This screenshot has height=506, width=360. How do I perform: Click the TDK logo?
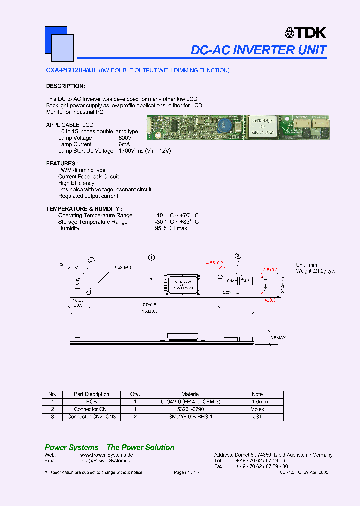click(x=306, y=33)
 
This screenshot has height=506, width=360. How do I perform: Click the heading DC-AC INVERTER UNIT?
click(x=259, y=50)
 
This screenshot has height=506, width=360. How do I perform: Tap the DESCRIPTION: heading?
click(x=65, y=86)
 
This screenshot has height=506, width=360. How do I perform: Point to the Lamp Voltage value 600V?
click(x=125, y=138)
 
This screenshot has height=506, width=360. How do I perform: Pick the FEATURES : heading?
click(x=62, y=163)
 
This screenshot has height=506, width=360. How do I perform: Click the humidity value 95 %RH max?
click(x=171, y=228)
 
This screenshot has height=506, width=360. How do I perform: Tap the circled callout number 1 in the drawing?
click(x=151, y=257)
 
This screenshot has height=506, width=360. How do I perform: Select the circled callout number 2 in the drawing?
click(x=91, y=260)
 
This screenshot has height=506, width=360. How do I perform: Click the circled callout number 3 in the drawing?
click(x=238, y=256)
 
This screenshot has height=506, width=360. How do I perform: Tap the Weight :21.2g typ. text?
click(x=315, y=271)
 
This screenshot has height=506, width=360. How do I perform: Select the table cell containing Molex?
click(x=257, y=409)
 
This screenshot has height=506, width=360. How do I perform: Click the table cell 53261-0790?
click(x=190, y=409)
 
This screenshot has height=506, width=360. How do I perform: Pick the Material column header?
click(x=190, y=394)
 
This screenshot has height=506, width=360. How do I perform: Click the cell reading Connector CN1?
click(x=91, y=409)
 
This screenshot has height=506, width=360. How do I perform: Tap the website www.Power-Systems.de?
click(x=106, y=455)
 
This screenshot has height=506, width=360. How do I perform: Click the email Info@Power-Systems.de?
click(x=107, y=461)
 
